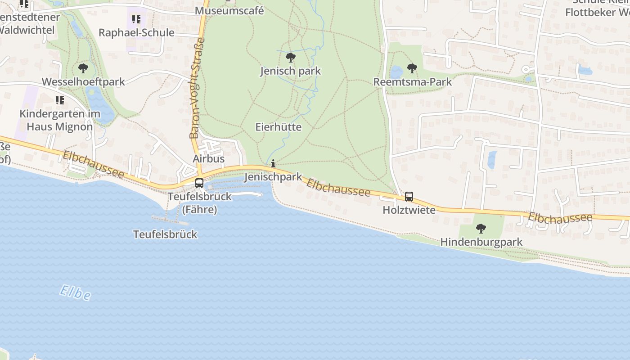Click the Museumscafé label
[x=229, y=11]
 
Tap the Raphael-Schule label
[x=136, y=33]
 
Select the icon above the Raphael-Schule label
[x=136, y=19]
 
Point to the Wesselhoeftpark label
[x=83, y=82]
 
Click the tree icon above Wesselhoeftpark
[x=83, y=68]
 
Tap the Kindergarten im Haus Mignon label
[x=59, y=120]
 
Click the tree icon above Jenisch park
[x=291, y=58]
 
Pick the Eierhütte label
[x=278, y=127]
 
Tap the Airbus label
[x=208, y=159]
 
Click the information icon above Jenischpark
[x=273, y=164]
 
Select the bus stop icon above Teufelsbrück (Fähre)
[x=199, y=183]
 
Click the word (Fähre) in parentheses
[x=199, y=210]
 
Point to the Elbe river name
[x=75, y=292]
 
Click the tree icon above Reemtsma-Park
[x=412, y=68]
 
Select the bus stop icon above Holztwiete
[x=409, y=197]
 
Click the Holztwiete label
[x=409, y=210]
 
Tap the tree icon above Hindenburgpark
[x=481, y=229]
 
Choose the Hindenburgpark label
[x=481, y=242]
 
